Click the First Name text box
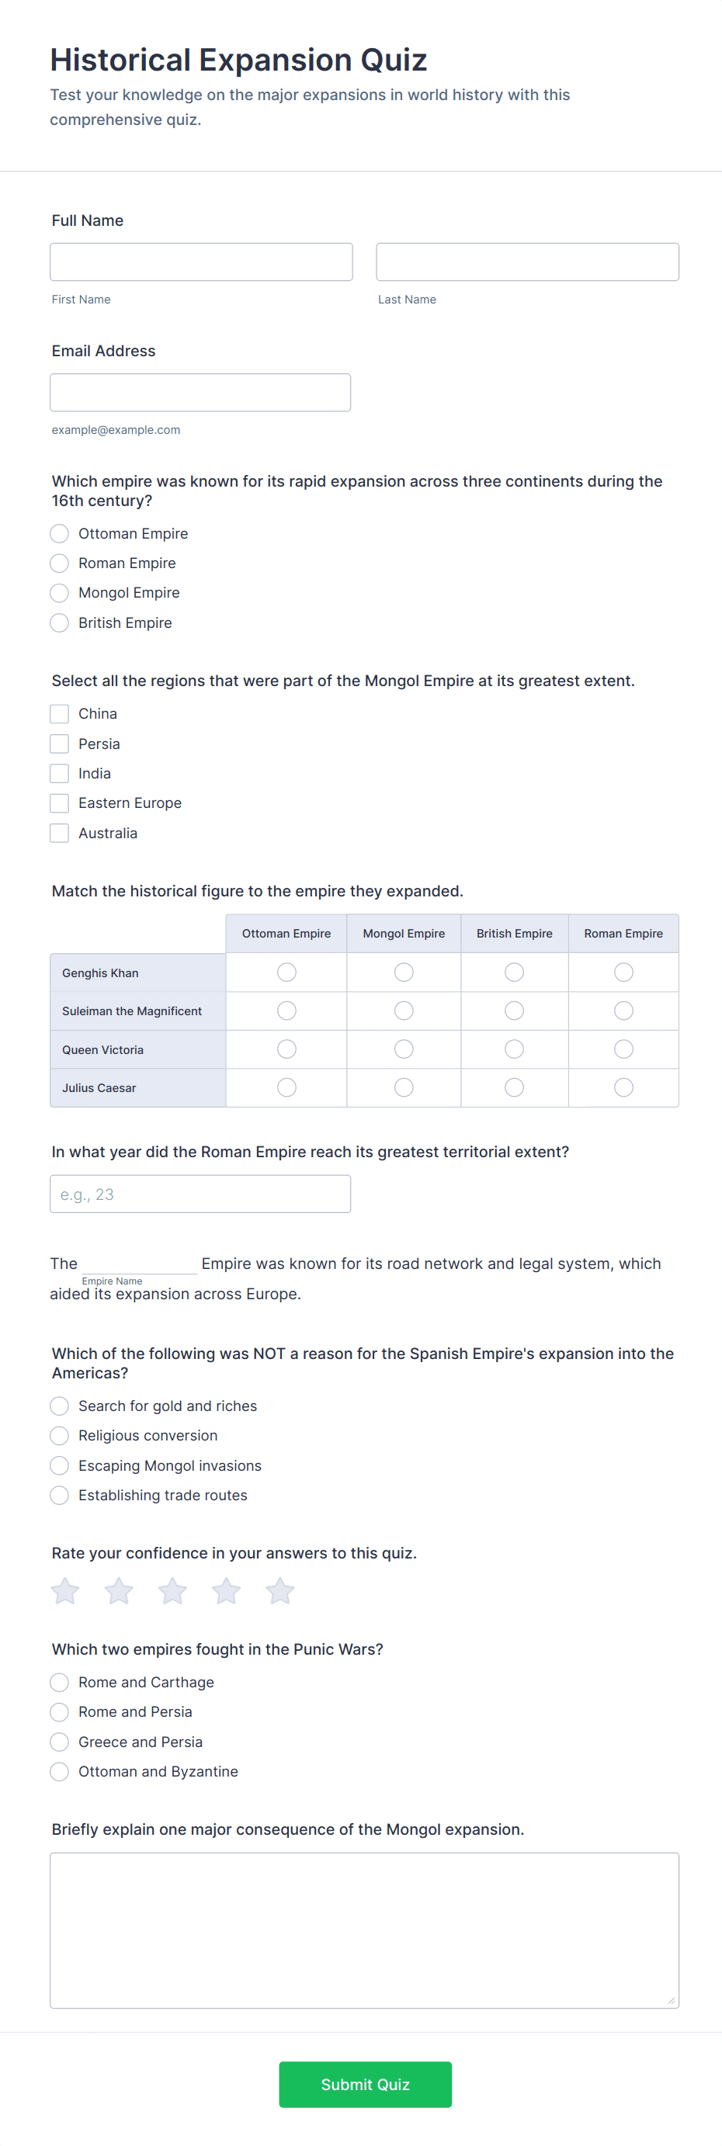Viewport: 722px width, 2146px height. (201, 262)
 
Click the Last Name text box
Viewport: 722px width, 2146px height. (527, 262)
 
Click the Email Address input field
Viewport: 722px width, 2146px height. (200, 393)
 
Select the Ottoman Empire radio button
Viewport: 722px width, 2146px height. (59, 534)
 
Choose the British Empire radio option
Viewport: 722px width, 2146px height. (59, 623)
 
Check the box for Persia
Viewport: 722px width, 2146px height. (59, 744)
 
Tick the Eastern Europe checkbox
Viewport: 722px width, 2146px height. (59, 803)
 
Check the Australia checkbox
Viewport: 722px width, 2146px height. (59, 833)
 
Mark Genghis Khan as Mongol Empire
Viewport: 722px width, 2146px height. (404, 972)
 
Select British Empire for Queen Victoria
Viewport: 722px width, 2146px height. (515, 1049)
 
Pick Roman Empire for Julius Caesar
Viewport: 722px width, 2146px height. (623, 1088)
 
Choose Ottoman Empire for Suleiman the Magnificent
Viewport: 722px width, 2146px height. (286, 1011)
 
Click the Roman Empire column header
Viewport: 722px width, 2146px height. (623, 934)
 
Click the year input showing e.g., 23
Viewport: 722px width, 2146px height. (200, 1194)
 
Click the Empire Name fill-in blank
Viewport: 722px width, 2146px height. (139, 1264)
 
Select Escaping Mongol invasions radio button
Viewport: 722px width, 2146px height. (59, 1465)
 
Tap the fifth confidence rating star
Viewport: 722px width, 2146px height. (280, 1591)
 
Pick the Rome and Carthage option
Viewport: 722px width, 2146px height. (59, 1683)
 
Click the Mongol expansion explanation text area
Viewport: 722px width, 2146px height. (364, 1930)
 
